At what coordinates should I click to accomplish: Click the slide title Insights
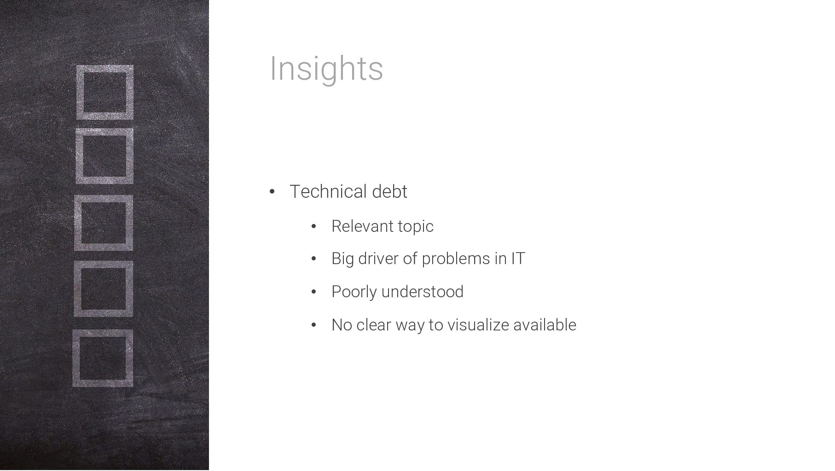[x=326, y=69]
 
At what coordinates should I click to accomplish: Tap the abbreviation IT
[x=518, y=259]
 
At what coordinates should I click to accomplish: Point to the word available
[x=545, y=325]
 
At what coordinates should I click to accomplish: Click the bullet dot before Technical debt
[x=272, y=192]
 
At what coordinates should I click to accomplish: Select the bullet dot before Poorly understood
[x=314, y=292]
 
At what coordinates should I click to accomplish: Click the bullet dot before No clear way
[x=314, y=325]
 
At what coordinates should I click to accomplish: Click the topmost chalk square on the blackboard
[x=79, y=92]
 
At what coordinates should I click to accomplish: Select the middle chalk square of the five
[x=77, y=223]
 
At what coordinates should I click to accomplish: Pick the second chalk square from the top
[x=78, y=156]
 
